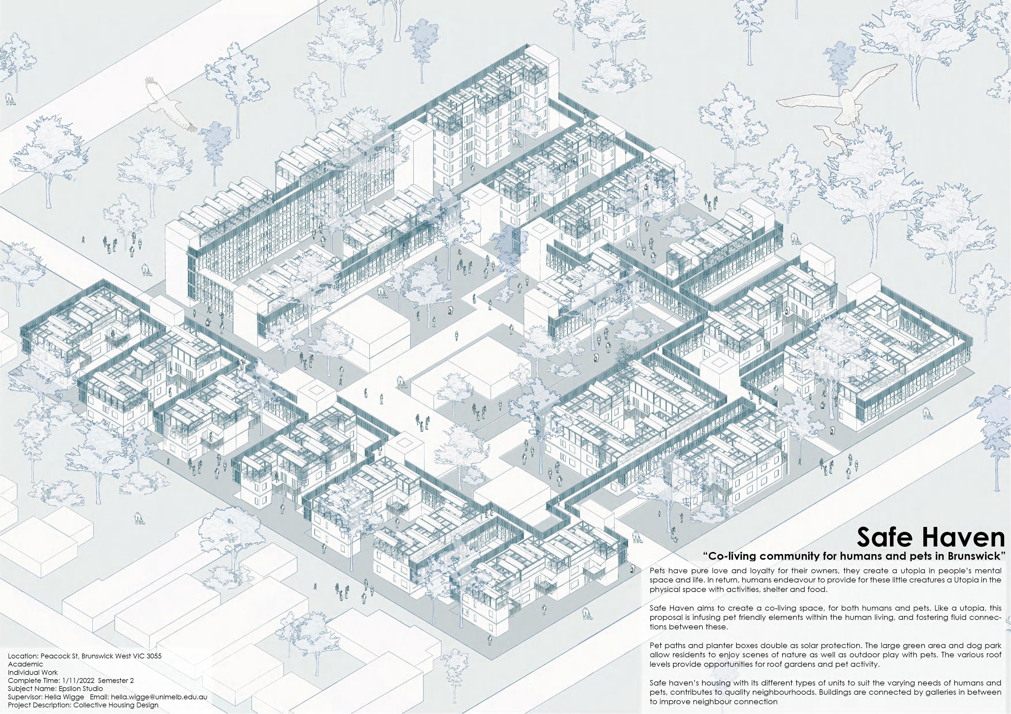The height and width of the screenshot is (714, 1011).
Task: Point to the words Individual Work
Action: click(33, 672)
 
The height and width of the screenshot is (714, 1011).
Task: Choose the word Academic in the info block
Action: click(26, 664)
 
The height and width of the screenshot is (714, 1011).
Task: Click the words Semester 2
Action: click(117, 681)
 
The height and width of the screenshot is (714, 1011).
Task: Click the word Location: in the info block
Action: click(22, 656)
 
